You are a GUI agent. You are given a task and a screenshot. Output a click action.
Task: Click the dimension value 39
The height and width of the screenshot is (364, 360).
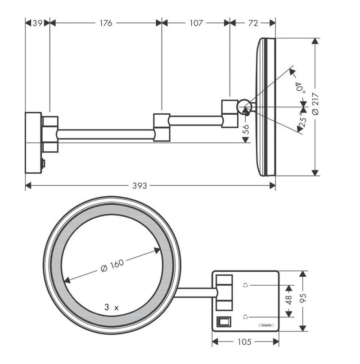point(37,22)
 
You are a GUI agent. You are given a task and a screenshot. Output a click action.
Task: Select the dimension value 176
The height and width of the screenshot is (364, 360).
point(106,22)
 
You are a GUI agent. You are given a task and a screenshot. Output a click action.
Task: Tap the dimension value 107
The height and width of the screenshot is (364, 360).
point(196,22)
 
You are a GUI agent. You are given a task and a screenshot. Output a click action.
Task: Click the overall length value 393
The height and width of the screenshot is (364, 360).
point(149,185)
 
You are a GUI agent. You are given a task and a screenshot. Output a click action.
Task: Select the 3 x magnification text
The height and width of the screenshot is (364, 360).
point(111,308)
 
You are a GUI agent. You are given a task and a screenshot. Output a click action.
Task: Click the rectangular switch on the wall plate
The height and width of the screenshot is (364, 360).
point(224,322)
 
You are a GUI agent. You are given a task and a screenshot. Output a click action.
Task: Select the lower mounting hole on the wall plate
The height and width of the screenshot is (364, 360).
point(246,316)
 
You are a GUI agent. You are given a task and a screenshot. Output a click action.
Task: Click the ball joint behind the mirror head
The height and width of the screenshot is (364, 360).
point(244,107)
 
